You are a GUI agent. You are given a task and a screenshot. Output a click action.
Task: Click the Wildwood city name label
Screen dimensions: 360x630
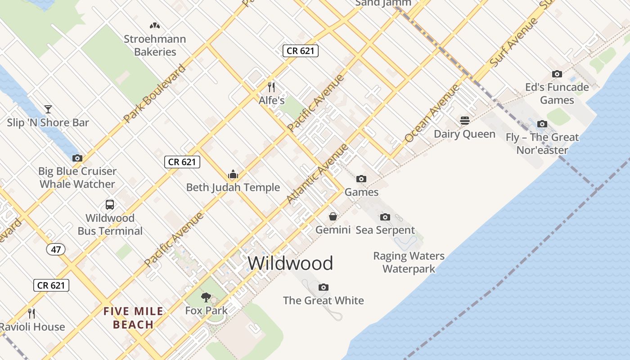click(290, 263)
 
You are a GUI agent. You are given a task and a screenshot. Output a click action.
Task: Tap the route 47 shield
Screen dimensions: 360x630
click(55, 249)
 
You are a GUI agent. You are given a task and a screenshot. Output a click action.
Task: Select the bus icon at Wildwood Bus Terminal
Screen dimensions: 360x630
click(110, 205)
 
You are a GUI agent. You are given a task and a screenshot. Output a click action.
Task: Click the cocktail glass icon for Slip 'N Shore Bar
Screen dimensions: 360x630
click(48, 109)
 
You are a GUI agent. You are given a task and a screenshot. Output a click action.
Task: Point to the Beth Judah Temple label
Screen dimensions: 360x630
click(233, 188)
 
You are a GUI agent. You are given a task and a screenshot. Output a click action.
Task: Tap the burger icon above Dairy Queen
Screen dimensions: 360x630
click(465, 121)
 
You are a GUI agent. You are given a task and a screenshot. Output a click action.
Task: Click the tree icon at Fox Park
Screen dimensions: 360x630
click(206, 297)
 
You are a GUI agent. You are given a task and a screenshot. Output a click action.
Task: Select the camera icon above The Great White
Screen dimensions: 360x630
click(323, 287)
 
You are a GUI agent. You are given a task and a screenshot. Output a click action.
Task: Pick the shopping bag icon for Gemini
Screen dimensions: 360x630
click(333, 216)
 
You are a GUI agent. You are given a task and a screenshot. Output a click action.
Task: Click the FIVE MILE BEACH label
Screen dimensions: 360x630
click(133, 318)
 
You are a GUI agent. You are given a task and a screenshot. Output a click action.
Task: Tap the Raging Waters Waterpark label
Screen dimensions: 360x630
click(409, 262)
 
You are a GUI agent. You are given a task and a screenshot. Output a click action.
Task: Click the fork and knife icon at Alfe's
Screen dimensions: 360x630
click(271, 86)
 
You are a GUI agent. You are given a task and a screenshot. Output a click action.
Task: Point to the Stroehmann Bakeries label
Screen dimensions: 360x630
click(155, 45)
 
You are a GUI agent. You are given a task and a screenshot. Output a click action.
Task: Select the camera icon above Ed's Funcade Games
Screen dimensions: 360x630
click(557, 74)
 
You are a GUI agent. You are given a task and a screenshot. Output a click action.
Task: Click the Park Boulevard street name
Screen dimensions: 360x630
click(154, 94)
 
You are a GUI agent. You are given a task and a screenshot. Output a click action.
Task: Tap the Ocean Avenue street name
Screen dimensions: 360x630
click(432, 113)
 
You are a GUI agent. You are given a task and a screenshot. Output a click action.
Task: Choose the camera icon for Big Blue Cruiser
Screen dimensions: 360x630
click(77, 158)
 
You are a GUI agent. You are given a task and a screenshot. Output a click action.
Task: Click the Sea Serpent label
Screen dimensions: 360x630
click(385, 230)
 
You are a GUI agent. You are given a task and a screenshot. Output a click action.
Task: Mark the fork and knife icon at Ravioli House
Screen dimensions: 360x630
click(31, 313)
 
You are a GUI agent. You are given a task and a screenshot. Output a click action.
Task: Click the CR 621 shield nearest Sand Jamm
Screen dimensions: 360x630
click(301, 51)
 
